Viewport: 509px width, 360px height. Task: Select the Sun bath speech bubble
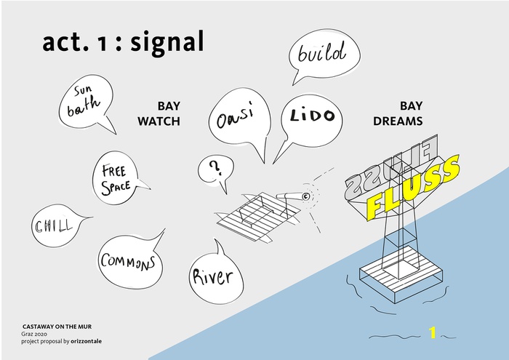(x=87, y=103)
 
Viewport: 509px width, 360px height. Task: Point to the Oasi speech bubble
(x=239, y=124)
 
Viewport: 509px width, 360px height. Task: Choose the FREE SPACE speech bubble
(x=119, y=178)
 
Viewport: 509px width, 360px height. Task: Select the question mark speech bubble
(x=215, y=172)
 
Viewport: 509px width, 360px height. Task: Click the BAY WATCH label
(x=159, y=113)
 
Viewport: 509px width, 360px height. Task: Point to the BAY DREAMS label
(x=398, y=113)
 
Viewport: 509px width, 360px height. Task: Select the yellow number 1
(x=432, y=333)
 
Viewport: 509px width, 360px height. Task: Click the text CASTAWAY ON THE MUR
(x=57, y=327)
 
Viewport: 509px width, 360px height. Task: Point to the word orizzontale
(x=87, y=341)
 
